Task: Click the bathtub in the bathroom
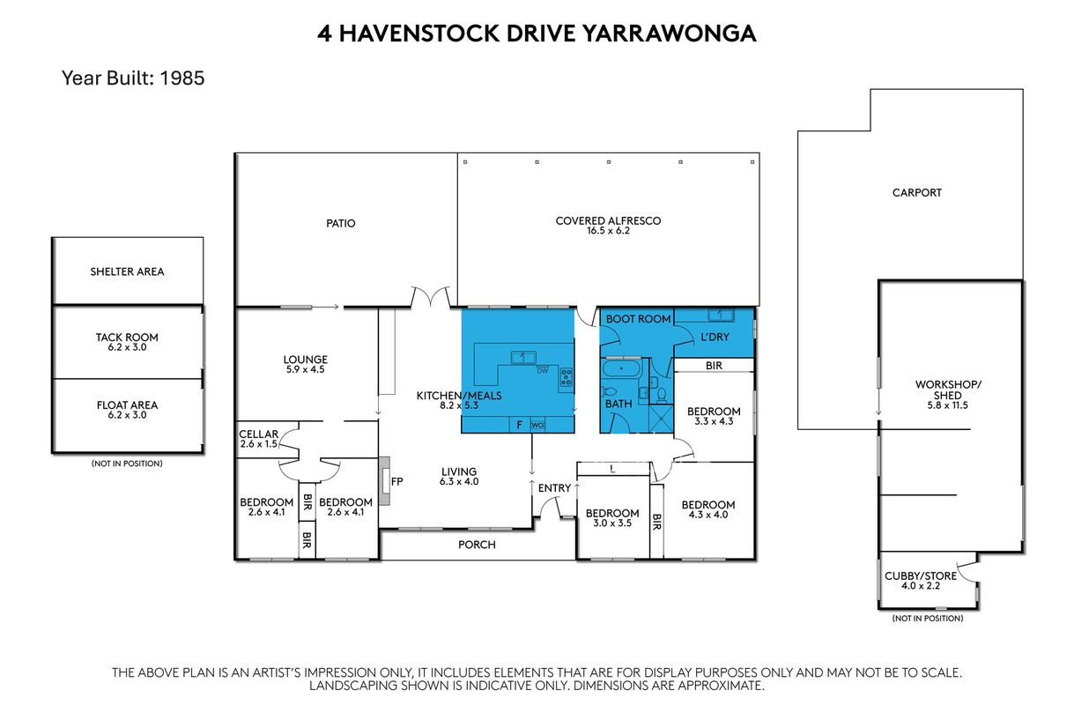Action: [621, 369]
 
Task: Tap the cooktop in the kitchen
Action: [567, 377]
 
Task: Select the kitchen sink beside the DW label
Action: [523, 357]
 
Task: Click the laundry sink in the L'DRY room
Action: [721, 315]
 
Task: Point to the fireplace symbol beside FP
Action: [384, 480]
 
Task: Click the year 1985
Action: [181, 78]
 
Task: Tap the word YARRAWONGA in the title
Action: [670, 33]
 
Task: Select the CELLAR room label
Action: [258, 434]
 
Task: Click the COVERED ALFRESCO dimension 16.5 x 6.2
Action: [608, 231]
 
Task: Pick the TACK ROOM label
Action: [127, 338]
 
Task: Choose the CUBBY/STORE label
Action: [921, 576]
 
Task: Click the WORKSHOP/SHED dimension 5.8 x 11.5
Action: [947, 405]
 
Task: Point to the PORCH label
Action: [477, 545]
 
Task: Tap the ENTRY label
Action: [554, 488]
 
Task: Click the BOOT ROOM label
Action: [638, 319]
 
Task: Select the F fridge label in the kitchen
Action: [519, 425]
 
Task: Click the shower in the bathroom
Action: [661, 419]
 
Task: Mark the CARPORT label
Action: [917, 193]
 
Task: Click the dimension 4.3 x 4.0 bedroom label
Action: [708, 515]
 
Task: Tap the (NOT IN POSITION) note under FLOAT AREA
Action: [127, 464]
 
